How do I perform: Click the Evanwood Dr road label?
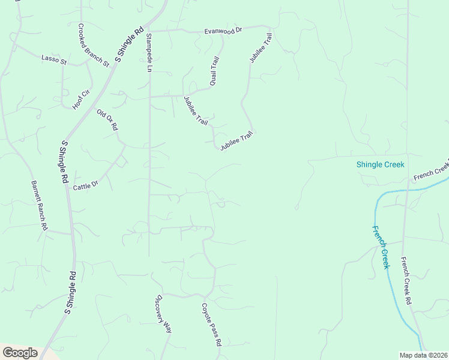[222, 29]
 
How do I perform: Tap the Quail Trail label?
[214, 70]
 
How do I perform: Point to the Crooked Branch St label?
[93, 45]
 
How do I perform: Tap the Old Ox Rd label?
[107, 119]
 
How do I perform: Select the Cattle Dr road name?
[85, 187]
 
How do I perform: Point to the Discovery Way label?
[164, 313]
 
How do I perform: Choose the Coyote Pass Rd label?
[211, 325]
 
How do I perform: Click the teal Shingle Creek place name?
[381, 164]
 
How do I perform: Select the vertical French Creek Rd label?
[406, 280]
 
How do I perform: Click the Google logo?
[20, 353]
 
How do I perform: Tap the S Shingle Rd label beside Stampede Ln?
[129, 44]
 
